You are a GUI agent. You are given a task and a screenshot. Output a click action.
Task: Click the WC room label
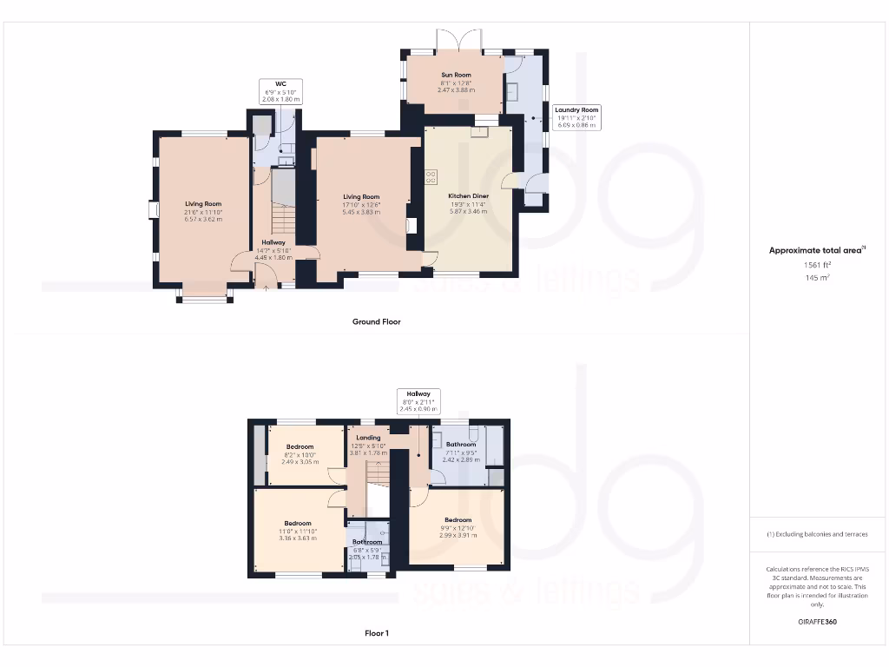(280, 84)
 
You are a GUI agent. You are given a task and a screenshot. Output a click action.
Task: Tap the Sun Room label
(455, 76)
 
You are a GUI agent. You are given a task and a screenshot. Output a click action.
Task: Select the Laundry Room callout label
(577, 110)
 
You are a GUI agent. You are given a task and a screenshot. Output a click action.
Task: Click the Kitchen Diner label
(468, 196)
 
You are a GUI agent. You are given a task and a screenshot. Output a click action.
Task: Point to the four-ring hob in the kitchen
(431, 176)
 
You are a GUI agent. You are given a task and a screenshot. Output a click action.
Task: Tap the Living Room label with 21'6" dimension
(203, 204)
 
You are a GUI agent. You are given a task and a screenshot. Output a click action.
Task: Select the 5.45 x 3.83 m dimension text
(361, 212)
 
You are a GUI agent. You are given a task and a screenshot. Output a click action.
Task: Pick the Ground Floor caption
(376, 321)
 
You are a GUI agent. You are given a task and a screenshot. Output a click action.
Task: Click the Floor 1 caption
(376, 633)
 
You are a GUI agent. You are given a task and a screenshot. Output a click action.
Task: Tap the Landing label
(368, 438)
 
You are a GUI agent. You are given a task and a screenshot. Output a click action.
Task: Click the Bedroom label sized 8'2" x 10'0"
(300, 447)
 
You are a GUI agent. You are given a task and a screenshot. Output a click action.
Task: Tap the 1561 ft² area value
(817, 265)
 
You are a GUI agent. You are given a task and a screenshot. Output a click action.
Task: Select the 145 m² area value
(817, 278)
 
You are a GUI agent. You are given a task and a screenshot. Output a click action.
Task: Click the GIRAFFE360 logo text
(817, 622)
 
